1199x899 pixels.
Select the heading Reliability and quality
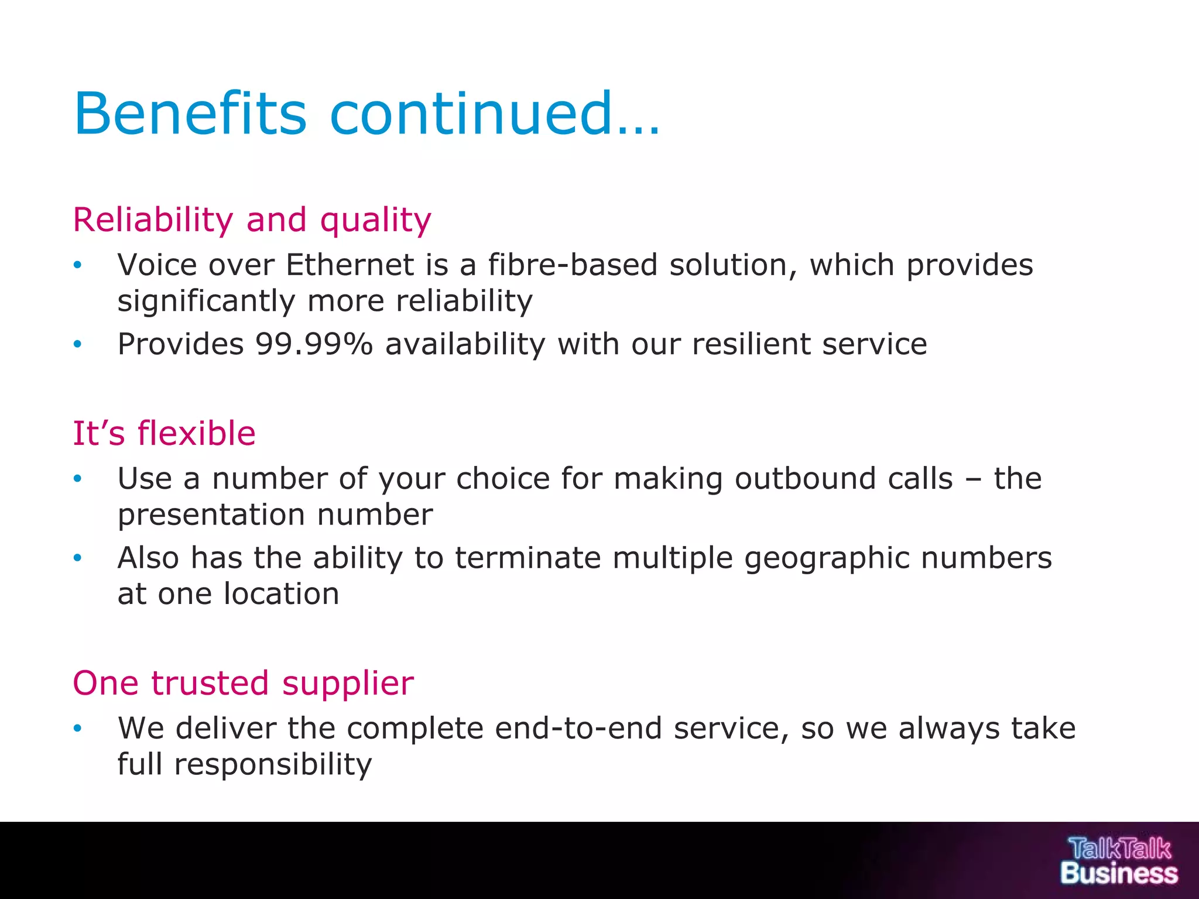(x=252, y=220)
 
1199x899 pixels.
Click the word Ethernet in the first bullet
(x=350, y=265)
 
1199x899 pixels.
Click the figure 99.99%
(x=314, y=344)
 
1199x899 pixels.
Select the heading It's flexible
(x=164, y=434)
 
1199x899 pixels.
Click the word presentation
(x=211, y=515)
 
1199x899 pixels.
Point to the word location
(x=282, y=593)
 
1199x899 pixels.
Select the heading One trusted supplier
(x=243, y=683)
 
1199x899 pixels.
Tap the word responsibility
(x=272, y=764)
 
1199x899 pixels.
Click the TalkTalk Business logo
(x=1119, y=861)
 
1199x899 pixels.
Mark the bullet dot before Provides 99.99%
(x=77, y=345)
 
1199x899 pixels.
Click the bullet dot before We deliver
(x=77, y=729)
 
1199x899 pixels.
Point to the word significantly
(x=206, y=301)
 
